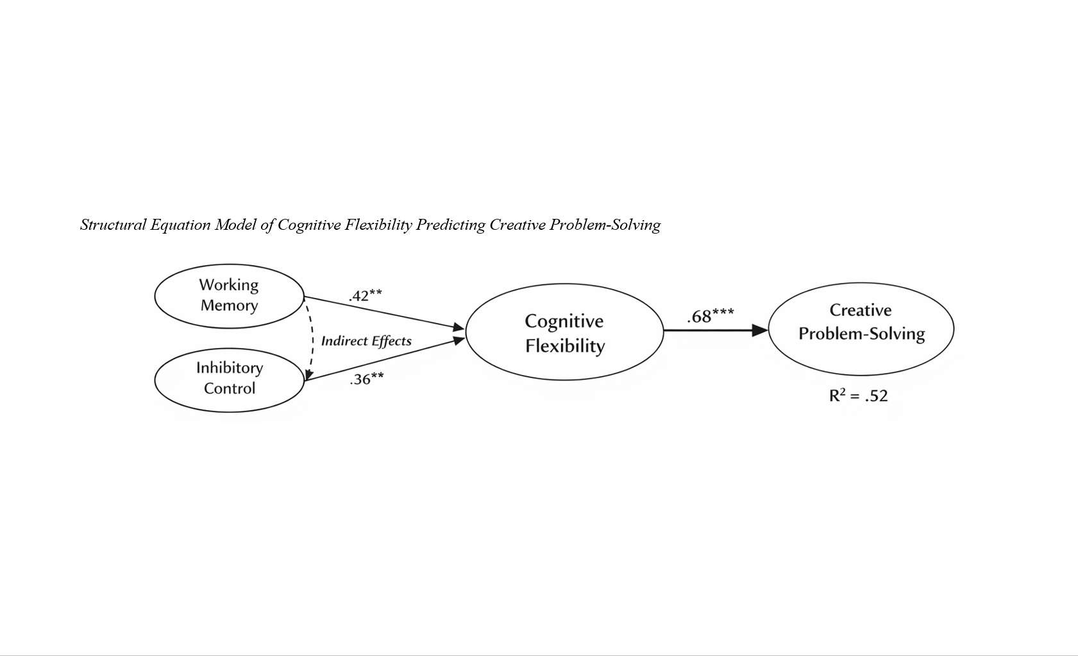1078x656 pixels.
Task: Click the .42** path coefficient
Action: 366,295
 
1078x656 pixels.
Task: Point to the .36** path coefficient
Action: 367,379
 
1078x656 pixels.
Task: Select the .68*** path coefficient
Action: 710,316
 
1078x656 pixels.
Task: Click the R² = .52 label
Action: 858,395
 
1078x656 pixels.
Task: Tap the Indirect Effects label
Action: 366,341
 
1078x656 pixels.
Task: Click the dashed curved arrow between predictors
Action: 312,340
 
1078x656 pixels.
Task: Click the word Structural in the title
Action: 114,225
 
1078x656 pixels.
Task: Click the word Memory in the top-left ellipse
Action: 229,306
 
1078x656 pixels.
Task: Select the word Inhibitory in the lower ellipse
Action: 229,368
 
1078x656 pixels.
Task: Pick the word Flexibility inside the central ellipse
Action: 565,346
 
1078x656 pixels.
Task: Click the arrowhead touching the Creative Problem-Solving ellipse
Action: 760,331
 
